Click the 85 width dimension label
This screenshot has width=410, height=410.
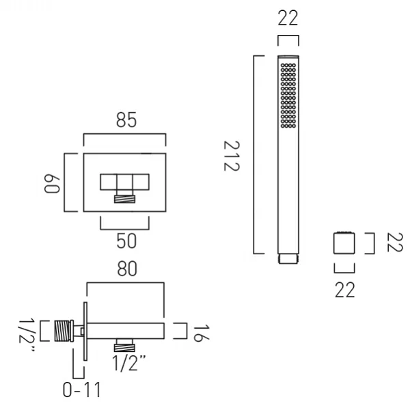point(126,120)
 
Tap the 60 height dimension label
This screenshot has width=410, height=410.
point(52,184)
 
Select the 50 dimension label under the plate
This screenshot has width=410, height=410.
point(126,241)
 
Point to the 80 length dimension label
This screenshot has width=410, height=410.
point(127,269)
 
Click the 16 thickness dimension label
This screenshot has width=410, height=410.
point(201,333)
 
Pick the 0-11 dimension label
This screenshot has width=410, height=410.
point(82,390)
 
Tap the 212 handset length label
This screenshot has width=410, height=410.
point(232,156)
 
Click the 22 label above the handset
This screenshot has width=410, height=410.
point(288,18)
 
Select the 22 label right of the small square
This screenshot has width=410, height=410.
point(395,242)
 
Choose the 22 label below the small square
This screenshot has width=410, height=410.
point(345,290)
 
